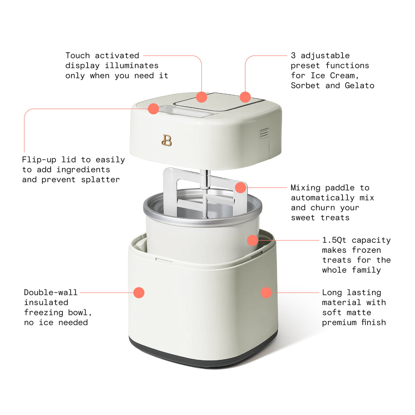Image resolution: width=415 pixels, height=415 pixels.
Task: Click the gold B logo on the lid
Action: (167, 140)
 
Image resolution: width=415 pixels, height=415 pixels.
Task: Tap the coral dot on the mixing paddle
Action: (241, 187)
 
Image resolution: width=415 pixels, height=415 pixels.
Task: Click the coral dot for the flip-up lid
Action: (153, 108)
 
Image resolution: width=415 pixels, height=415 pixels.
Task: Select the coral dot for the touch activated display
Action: (201, 97)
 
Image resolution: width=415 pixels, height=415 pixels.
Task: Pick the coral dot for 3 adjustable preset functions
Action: (245, 97)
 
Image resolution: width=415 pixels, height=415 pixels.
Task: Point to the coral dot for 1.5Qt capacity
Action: (252, 240)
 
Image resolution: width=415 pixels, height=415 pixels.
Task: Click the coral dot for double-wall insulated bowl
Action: (139, 292)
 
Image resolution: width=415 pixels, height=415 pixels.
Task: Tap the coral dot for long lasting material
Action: (266, 292)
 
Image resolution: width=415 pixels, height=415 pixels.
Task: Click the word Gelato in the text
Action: (359, 86)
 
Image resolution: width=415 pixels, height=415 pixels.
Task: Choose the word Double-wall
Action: (51, 292)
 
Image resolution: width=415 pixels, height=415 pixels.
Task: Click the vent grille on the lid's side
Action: (264, 133)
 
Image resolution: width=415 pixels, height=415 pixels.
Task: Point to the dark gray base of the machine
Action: (203, 357)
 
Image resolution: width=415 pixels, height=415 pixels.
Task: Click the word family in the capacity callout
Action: (366, 270)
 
